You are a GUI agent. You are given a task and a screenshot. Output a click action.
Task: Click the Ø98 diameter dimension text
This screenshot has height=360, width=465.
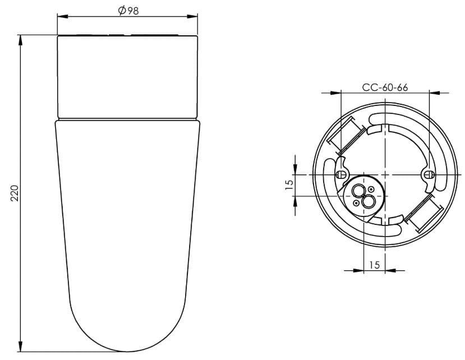pyautogui.click(x=128, y=11)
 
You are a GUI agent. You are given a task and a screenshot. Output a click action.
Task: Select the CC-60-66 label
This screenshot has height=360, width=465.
pyautogui.click(x=385, y=87)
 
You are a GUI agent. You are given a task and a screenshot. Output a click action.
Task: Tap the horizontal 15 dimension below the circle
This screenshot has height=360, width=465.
pyautogui.click(x=374, y=265)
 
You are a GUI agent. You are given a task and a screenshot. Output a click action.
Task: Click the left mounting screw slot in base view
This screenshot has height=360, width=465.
pyautogui.click(x=340, y=174)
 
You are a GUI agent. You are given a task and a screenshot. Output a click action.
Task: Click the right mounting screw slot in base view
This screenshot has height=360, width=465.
pyautogui.click(x=429, y=174)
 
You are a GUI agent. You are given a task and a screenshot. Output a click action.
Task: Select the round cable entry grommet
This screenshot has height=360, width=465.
pyautogui.click(x=363, y=196)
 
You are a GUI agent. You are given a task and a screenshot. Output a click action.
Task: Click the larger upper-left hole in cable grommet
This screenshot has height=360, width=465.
pyautogui.click(x=357, y=191)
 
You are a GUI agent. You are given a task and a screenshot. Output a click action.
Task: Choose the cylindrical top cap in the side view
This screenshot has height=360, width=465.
pyautogui.click(x=128, y=76)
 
